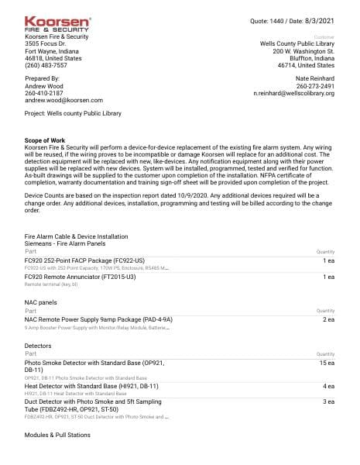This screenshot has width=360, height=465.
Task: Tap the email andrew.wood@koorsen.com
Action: coord(63,100)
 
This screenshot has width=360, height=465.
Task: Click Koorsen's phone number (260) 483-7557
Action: coord(47,66)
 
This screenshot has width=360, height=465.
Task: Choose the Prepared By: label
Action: coord(42,78)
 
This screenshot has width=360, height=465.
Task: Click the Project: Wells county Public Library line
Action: coord(75,114)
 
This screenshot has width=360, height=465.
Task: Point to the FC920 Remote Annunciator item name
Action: coord(80,276)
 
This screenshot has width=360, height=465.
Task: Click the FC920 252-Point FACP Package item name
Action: coord(84,260)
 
